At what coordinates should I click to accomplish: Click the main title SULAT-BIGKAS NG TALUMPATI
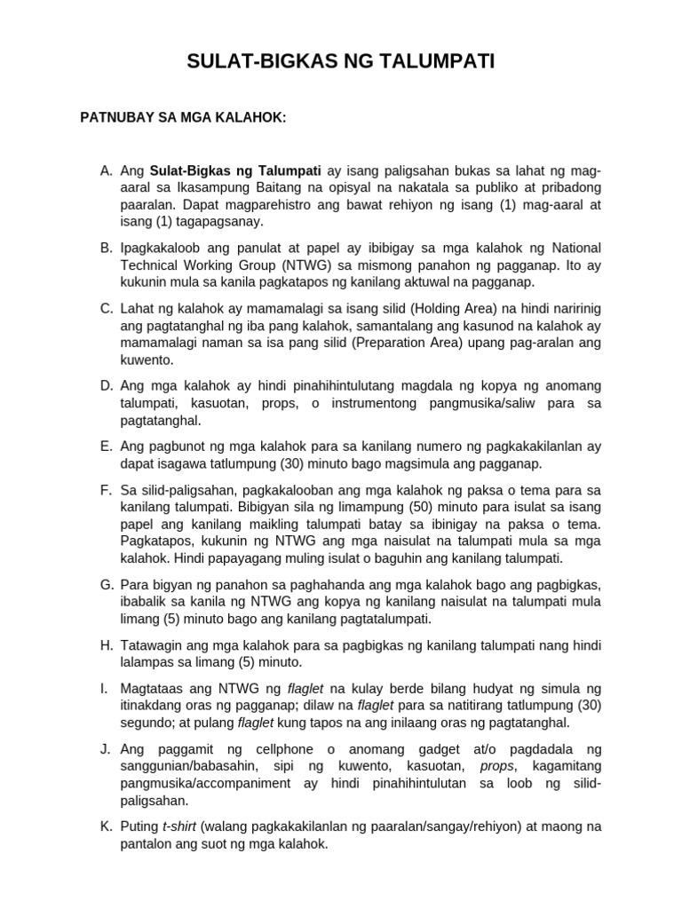point(341,61)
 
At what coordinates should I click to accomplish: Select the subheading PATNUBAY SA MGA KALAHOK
point(184,117)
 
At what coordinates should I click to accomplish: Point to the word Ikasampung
point(218,187)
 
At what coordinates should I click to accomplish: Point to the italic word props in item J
point(496,765)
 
